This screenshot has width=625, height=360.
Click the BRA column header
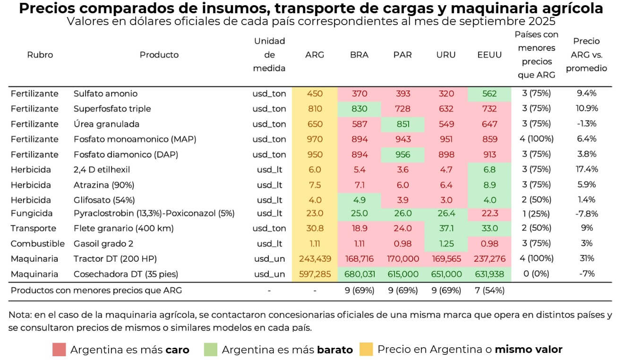coord(359,55)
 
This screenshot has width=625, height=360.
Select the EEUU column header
coord(489,55)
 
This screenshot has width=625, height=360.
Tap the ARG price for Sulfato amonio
coord(315,94)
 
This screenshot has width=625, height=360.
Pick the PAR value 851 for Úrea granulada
coord(402,124)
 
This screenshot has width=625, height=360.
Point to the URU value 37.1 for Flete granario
coord(445,228)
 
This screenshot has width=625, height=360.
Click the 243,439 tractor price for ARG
coord(315,258)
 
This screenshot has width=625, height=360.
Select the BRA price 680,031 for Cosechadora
coord(359,274)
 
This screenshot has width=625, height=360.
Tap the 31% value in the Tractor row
coord(586,258)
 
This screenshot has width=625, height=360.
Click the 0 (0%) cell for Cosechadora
coord(536,274)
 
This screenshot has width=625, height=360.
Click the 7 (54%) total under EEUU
coord(489,291)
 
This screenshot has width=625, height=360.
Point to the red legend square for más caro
coord(59,350)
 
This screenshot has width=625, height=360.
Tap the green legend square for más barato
coord(210,350)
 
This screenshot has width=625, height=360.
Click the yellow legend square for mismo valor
coord(366,350)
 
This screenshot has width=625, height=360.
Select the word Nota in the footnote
coord(20,315)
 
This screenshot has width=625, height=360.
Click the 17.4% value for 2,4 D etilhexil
coord(586,169)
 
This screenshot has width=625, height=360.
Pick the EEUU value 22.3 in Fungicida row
coord(489,213)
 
